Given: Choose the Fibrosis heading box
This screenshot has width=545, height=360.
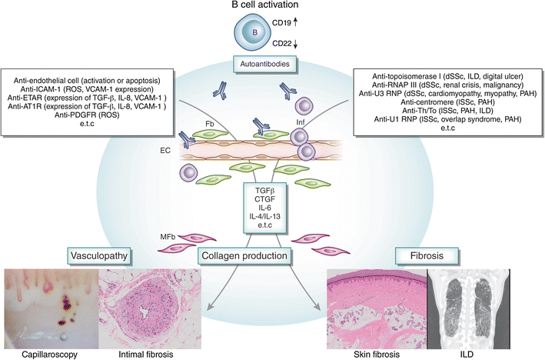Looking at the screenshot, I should pyautogui.click(x=419, y=255).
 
